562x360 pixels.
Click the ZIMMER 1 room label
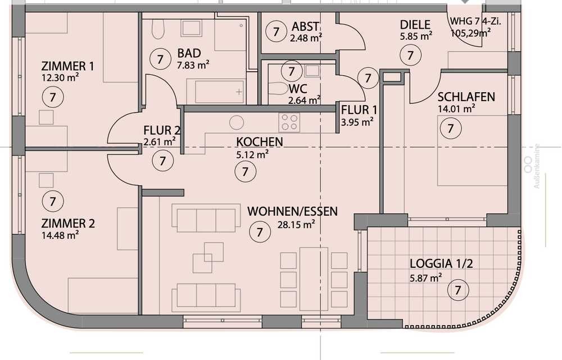click(x=67, y=66)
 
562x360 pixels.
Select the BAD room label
click(x=189, y=53)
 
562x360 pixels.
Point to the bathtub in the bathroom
click(x=219, y=92)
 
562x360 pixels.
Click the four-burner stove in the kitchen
click(x=289, y=122)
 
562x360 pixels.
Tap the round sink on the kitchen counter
click(x=237, y=122)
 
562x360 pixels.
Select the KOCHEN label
click(x=260, y=142)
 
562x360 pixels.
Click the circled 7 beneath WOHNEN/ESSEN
click(x=260, y=232)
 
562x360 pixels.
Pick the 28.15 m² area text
click(x=296, y=225)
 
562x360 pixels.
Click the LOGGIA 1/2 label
click(x=441, y=264)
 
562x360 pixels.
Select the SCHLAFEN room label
click(x=466, y=97)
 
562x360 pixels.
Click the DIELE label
click(x=415, y=25)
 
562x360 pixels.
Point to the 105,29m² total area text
click(x=470, y=33)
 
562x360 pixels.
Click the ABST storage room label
click(x=305, y=26)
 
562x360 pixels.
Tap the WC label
click(x=298, y=89)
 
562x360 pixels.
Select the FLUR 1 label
click(x=359, y=110)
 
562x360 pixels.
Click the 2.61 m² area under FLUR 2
click(x=160, y=142)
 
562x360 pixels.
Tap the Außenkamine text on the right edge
click(x=537, y=166)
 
